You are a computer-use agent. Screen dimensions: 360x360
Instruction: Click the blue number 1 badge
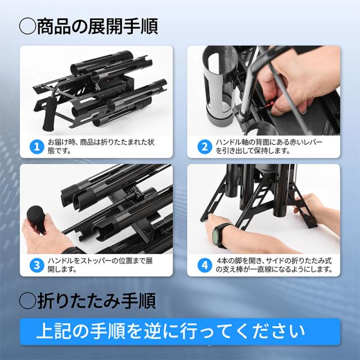[x=37, y=147]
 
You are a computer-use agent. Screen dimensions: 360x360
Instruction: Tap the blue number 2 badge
[x=202, y=147]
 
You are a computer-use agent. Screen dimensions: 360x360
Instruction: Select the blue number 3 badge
[x=37, y=264]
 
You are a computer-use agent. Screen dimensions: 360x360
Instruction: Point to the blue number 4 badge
[x=202, y=264]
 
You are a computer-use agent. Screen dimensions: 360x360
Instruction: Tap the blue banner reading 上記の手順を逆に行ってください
[x=180, y=330]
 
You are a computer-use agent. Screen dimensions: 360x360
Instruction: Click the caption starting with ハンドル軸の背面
[x=264, y=147]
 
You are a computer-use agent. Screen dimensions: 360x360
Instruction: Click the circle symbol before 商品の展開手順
[x=27, y=25]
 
